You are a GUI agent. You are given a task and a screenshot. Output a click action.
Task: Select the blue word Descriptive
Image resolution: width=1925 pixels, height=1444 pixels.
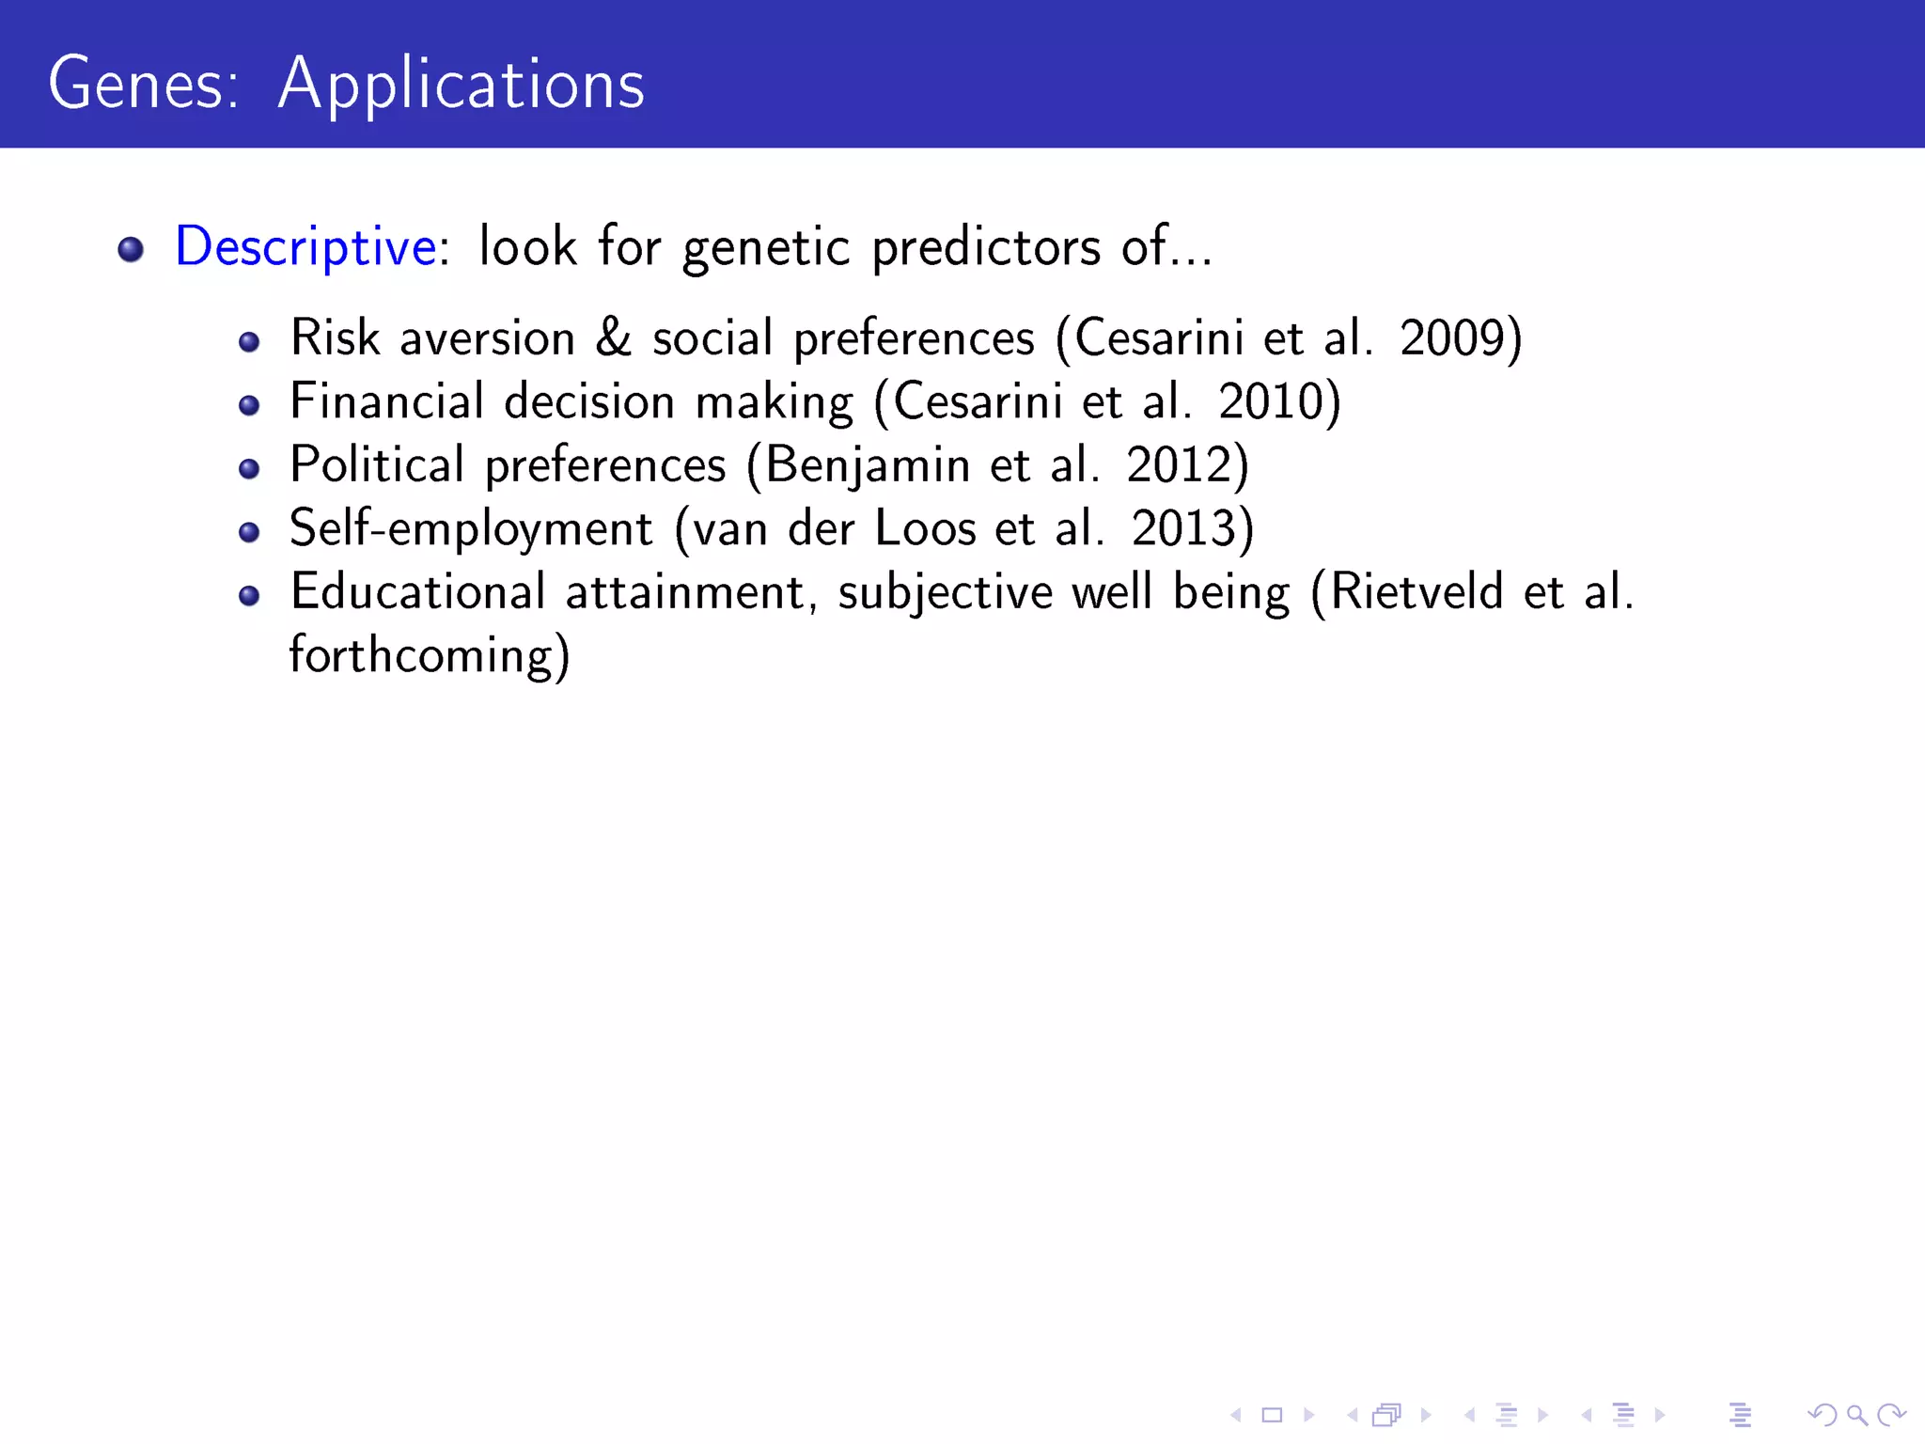click(x=305, y=247)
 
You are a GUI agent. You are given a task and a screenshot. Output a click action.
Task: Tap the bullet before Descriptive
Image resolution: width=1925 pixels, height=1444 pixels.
click(x=131, y=249)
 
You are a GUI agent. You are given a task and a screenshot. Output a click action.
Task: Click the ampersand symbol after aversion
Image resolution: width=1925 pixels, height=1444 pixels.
click(x=613, y=338)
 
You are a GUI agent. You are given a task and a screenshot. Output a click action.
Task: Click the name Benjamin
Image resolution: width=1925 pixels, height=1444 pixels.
click(x=867, y=465)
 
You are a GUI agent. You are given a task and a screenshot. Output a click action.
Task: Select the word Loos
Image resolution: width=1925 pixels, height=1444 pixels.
click(x=925, y=528)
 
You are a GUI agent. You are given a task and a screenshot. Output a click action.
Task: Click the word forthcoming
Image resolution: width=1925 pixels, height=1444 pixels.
click(x=420, y=656)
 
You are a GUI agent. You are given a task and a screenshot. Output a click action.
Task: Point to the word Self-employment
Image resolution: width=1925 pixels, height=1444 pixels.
click(x=470, y=528)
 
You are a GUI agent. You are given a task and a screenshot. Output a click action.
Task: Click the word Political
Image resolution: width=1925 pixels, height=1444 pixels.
click(x=377, y=465)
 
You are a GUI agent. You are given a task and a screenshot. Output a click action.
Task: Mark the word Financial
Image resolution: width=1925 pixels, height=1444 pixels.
click(x=386, y=402)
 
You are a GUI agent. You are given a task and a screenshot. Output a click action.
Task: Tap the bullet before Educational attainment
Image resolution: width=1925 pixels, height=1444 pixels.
click(x=249, y=595)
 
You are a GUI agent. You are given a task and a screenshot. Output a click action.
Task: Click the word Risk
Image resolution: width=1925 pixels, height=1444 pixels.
click(x=335, y=338)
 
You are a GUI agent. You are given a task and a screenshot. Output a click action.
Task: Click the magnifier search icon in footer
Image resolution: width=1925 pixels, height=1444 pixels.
click(x=1856, y=1415)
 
